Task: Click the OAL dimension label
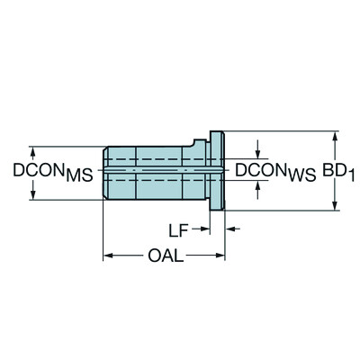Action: coord(165,256)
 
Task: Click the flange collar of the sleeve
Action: coord(217,171)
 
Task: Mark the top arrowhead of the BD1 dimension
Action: coord(336,137)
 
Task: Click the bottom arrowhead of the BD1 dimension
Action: coord(336,205)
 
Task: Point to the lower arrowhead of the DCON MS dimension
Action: coord(31,196)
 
